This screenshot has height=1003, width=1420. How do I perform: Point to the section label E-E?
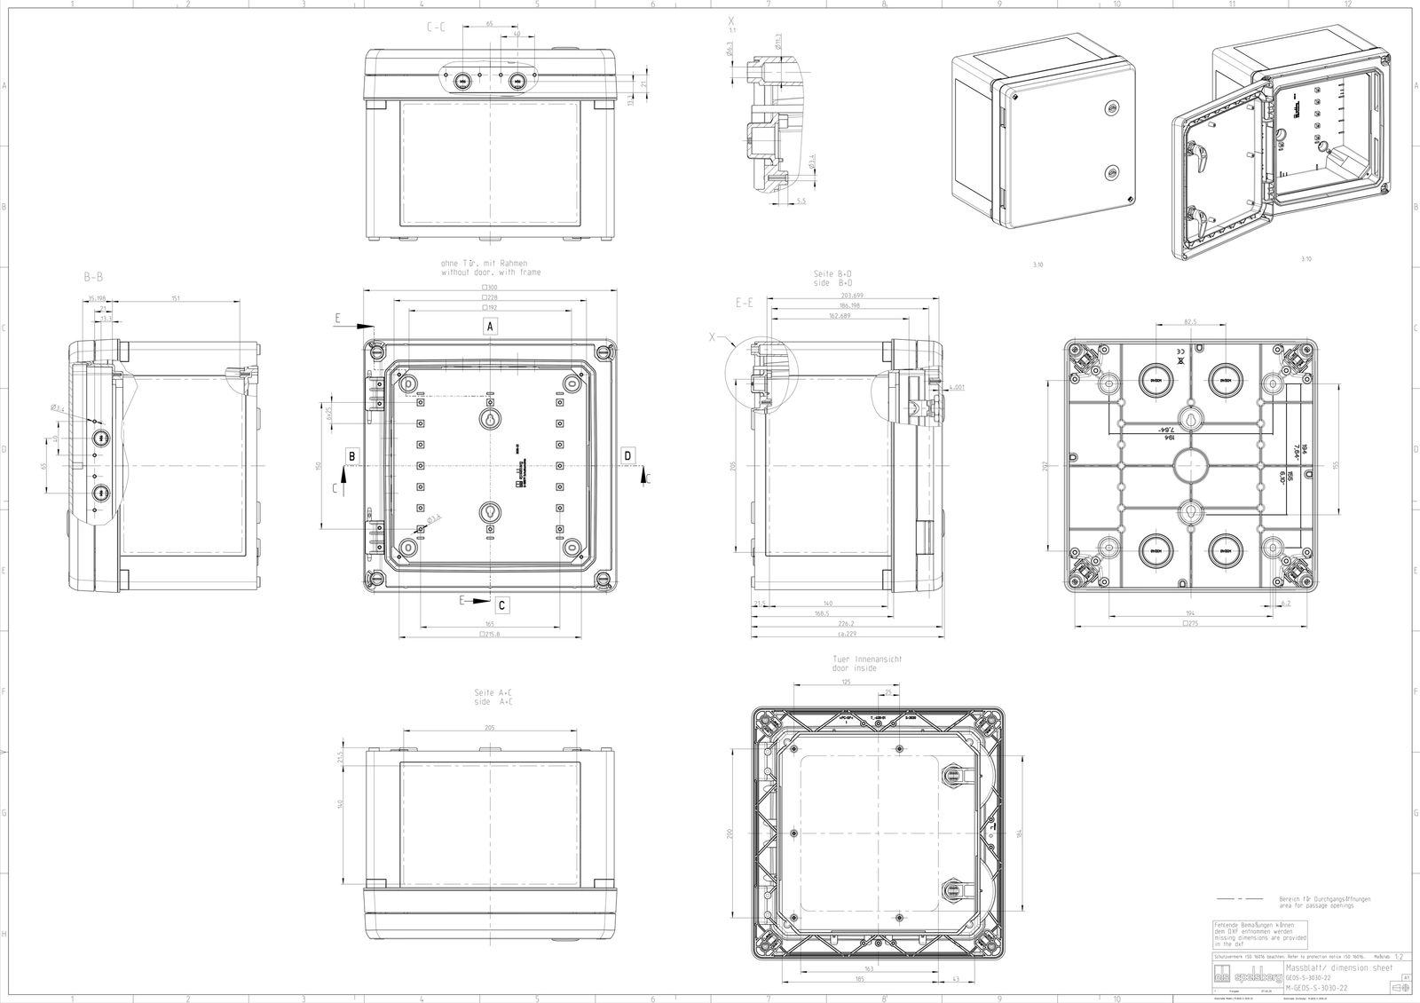coord(745,303)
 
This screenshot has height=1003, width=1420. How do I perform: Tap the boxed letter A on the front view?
coord(490,326)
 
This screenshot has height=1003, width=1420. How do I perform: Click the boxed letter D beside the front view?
coord(628,455)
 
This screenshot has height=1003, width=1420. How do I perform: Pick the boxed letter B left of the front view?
coord(352,455)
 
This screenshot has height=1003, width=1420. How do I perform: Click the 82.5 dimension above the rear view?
coord(1190,321)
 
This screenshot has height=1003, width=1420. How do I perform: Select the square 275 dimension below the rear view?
coord(1189,624)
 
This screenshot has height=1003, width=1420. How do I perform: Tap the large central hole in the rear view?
coord(1190,465)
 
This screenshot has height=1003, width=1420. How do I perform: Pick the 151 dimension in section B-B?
coord(175,298)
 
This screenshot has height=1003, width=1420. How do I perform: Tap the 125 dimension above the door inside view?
coord(845,681)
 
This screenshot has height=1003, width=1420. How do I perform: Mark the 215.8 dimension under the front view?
coord(490,634)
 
